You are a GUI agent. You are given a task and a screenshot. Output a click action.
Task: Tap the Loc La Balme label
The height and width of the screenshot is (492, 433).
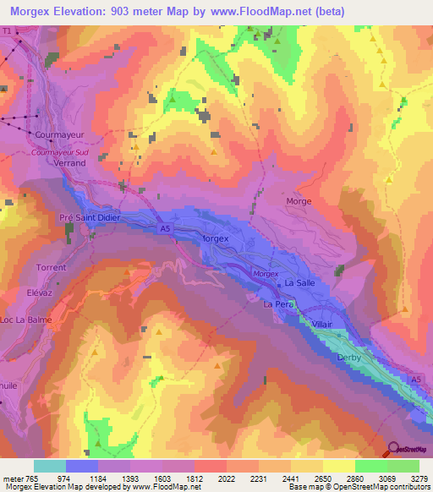[x=27, y=320]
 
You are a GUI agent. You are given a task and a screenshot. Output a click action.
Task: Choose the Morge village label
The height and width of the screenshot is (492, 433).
[x=299, y=201]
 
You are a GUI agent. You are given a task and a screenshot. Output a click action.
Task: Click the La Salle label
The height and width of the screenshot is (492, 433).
[x=299, y=283]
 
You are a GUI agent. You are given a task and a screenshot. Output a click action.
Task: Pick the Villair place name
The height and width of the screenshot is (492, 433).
[x=322, y=324]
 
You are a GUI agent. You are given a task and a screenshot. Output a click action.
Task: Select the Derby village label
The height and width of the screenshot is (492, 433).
[x=349, y=358]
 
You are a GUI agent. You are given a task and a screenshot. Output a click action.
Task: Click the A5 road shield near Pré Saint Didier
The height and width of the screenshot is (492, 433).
[x=163, y=227]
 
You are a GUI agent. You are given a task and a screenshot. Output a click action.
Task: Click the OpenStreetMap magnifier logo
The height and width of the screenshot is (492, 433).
[x=394, y=449]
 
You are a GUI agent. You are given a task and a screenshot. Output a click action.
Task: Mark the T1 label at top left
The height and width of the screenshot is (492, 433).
[x=8, y=30]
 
